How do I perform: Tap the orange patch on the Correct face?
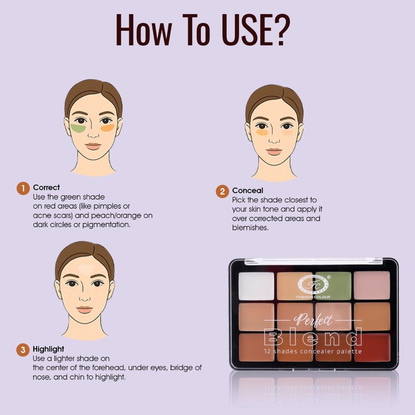107,127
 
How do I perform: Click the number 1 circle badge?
23,188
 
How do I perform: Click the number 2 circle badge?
222,191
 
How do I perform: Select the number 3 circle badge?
23,349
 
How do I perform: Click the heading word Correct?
46,188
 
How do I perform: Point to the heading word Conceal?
247,190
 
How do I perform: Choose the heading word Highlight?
49,349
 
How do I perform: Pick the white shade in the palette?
256,286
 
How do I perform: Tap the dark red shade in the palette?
372,347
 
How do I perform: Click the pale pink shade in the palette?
372,286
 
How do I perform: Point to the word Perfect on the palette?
314,320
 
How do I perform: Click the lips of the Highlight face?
84,310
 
